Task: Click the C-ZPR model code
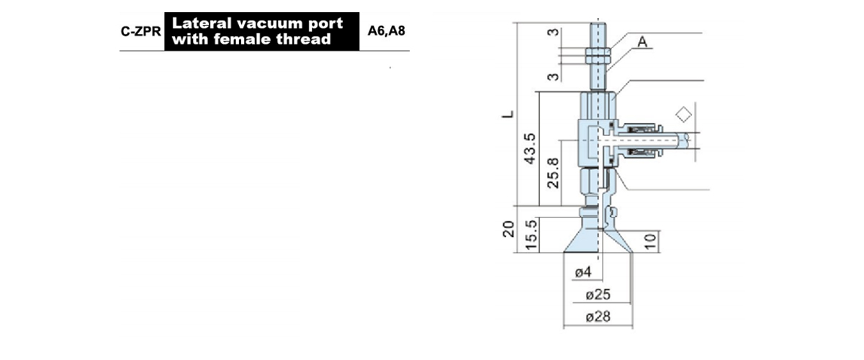click(x=140, y=31)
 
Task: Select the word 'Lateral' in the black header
click(x=202, y=23)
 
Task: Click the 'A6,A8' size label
click(x=386, y=31)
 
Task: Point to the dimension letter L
click(x=508, y=114)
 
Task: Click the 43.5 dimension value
click(x=530, y=148)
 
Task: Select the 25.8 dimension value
click(x=553, y=173)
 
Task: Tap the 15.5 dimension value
click(x=531, y=235)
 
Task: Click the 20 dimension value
click(x=509, y=229)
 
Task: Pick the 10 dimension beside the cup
click(x=650, y=241)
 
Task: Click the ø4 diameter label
click(x=582, y=272)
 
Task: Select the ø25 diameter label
click(x=598, y=294)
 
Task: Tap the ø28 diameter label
click(x=598, y=317)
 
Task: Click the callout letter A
click(x=642, y=42)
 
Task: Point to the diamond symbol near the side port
click(x=683, y=114)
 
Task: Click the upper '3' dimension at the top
click(x=553, y=32)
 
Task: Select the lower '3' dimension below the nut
click(x=553, y=77)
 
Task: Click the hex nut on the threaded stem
click(x=598, y=55)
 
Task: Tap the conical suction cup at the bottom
click(x=598, y=241)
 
